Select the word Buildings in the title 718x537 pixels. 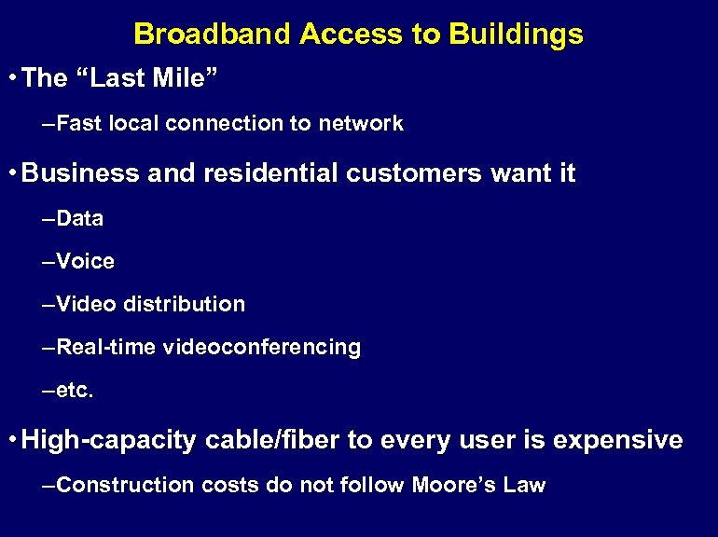516,34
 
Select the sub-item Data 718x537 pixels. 80,219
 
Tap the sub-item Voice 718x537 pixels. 85,262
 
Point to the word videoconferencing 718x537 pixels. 262,348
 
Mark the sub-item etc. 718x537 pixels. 76,391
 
